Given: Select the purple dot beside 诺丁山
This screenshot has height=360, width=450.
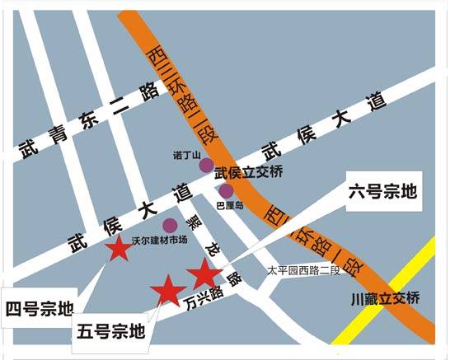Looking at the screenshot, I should point(206,165).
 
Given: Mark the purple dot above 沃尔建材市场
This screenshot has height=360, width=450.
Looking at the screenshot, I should point(170,225).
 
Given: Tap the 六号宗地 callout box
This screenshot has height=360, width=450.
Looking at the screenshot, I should point(382,194).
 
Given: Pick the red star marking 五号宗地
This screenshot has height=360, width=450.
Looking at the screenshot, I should point(168,290).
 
